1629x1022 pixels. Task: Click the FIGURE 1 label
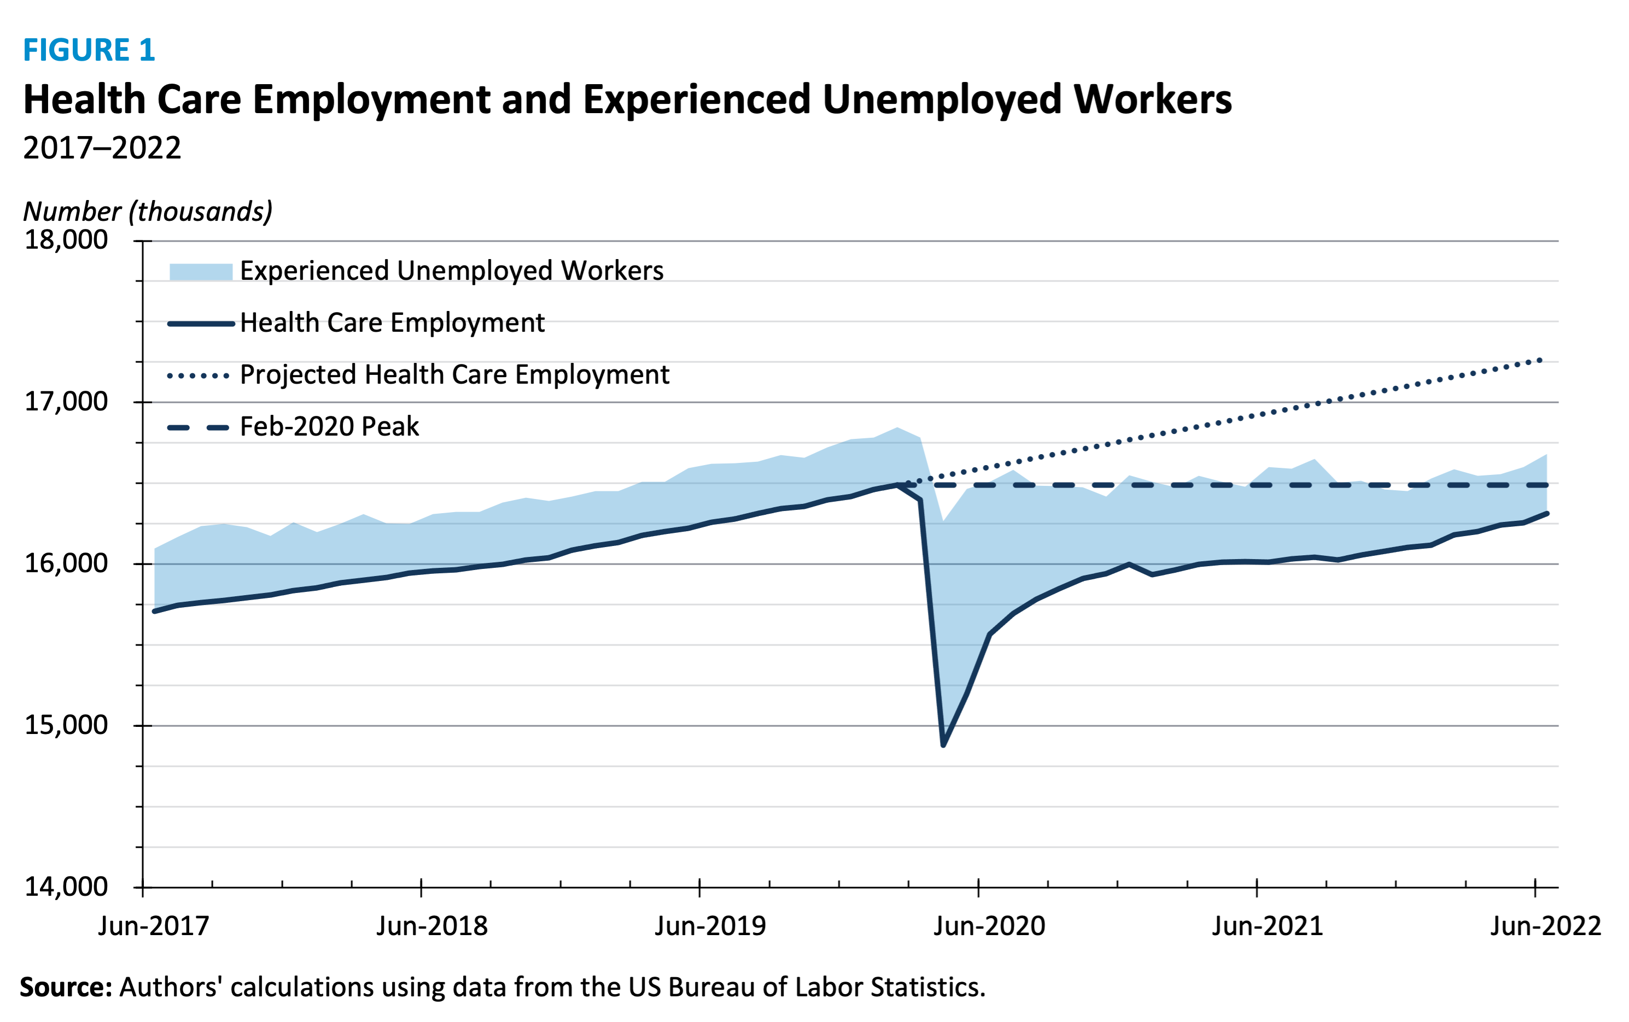click(x=89, y=50)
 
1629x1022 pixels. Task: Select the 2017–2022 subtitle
click(x=102, y=148)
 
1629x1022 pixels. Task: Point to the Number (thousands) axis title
click(x=148, y=212)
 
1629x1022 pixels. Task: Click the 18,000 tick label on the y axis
click(x=66, y=240)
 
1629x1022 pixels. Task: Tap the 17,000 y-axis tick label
click(x=66, y=402)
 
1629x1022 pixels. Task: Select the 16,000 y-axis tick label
click(x=66, y=563)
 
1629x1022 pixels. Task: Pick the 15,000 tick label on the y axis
click(x=66, y=725)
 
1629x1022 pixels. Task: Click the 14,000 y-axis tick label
click(x=66, y=887)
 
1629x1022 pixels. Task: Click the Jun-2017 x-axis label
click(x=154, y=926)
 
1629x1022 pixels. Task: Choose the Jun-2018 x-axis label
click(x=431, y=926)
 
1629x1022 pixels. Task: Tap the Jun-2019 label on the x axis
click(x=710, y=926)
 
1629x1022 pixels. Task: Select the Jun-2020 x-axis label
click(x=989, y=926)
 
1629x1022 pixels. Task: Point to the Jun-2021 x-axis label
click(x=1267, y=926)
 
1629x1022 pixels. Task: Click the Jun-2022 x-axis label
click(x=1545, y=926)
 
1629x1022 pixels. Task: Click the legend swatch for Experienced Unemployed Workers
click(x=200, y=272)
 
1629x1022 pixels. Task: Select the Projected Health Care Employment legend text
click(x=454, y=374)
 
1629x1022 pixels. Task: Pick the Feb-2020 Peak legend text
click(x=329, y=426)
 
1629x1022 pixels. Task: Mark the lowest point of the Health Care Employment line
click(x=943, y=745)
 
